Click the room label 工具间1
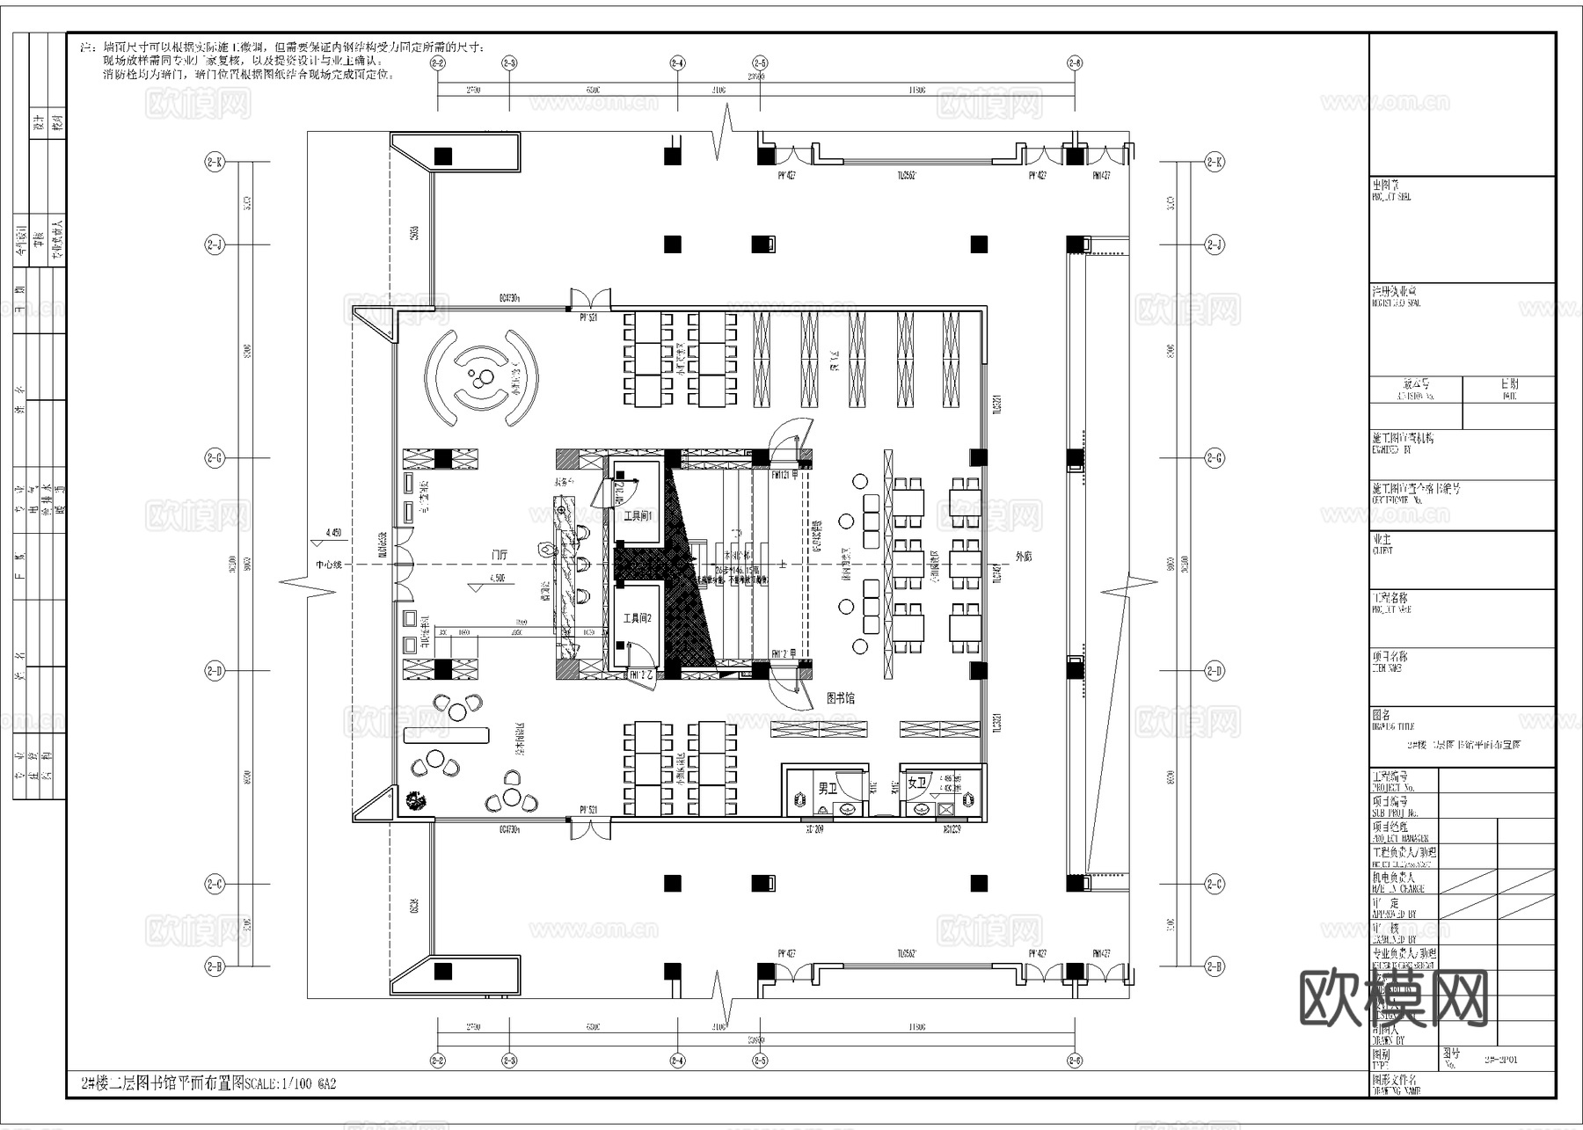click(638, 516)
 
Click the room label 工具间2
click(638, 619)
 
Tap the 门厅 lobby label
click(500, 555)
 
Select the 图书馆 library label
click(841, 698)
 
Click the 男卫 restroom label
click(828, 789)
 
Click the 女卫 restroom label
click(917, 783)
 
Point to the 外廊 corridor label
click(1024, 557)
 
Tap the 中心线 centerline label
click(329, 565)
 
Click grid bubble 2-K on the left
click(215, 162)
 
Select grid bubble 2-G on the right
click(1215, 458)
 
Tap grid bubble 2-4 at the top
click(677, 63)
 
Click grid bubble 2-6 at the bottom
click(1075, 1061)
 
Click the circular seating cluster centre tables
click(480, 379)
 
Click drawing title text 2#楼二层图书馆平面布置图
click(208, 1084)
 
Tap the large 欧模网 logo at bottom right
click(1393, 998)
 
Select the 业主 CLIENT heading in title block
click(1382, 539)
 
